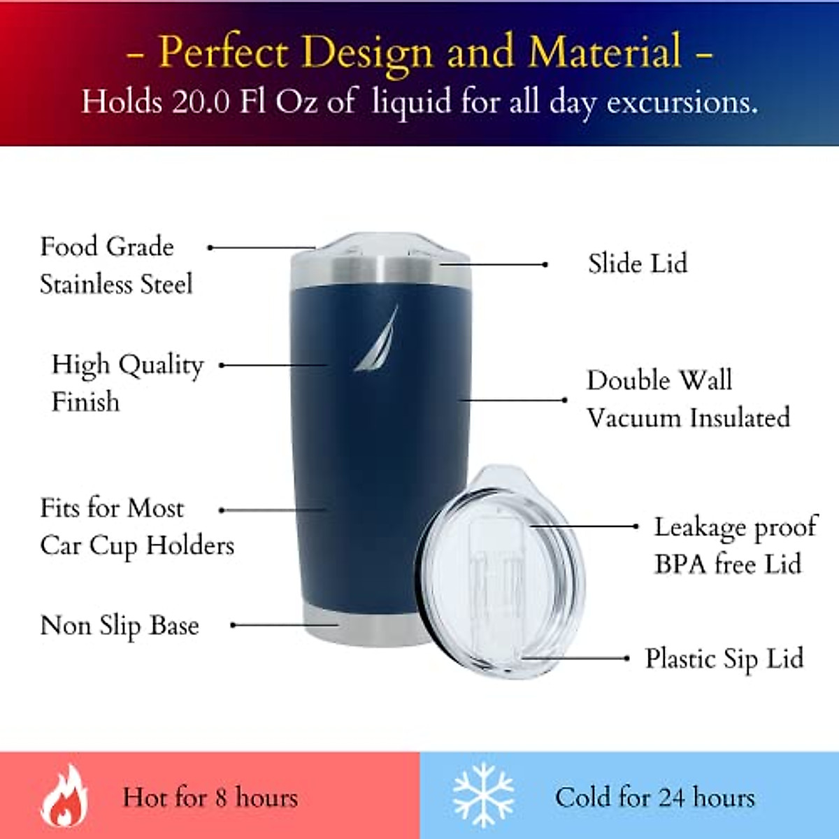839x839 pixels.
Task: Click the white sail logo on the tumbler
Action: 378,340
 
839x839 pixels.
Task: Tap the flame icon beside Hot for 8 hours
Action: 64,796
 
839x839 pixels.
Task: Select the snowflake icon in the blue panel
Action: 484,796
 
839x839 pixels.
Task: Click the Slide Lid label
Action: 638,264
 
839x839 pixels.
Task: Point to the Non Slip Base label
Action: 120,625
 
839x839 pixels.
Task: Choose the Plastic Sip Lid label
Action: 724,659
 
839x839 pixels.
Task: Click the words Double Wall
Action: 659,380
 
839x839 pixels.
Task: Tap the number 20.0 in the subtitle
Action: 201,102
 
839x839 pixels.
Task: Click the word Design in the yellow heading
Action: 369,52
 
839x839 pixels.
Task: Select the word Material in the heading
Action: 605,52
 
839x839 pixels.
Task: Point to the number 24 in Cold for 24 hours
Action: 671,797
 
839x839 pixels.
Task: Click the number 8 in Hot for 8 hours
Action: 221,798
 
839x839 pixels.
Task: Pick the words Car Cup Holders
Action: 137,545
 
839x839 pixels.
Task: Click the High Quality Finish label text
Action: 127,382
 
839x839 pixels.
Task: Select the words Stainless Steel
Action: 116,285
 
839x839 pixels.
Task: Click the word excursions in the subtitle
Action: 682,103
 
